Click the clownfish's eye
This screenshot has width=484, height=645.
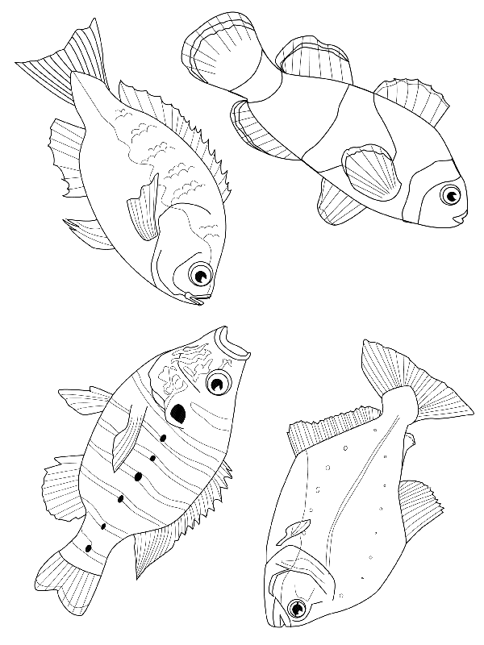click(x=450, y=194)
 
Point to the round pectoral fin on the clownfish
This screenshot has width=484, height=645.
click(x=371, y=172)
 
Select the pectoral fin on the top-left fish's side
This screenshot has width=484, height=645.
click(x=144, y=210)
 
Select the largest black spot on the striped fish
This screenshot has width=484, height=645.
click(x=178, y=413)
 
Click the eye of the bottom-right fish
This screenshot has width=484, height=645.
click(x=299, y=608)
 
